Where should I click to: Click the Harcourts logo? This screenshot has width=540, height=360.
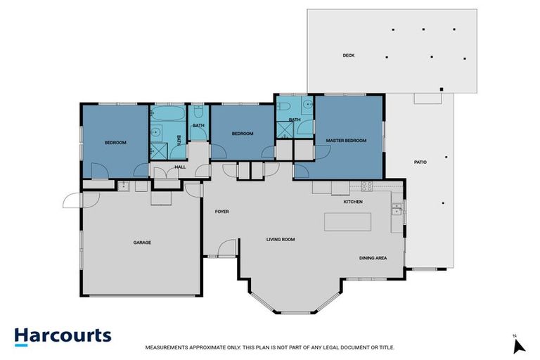[x=63, y=335]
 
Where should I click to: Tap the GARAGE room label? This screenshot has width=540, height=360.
[x=142, y=243]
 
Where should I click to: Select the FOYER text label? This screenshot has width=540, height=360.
[x=221, y=212]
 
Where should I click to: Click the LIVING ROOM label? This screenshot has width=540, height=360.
[x=280, y=240]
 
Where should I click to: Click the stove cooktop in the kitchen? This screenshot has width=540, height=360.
[x=366, y=186]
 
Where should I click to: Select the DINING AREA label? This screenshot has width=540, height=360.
[x=373, y=258]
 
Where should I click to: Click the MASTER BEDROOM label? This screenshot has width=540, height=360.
[x=346, y=141]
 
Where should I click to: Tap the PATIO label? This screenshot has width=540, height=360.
[x=420, y=162]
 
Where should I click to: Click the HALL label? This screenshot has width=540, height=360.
[x=180, y=167]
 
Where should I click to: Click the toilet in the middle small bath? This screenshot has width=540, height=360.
[x=199, y=112]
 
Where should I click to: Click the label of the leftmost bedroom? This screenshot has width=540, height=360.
[x=115, y=143]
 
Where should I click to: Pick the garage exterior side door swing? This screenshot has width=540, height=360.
[x=72, y=201]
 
